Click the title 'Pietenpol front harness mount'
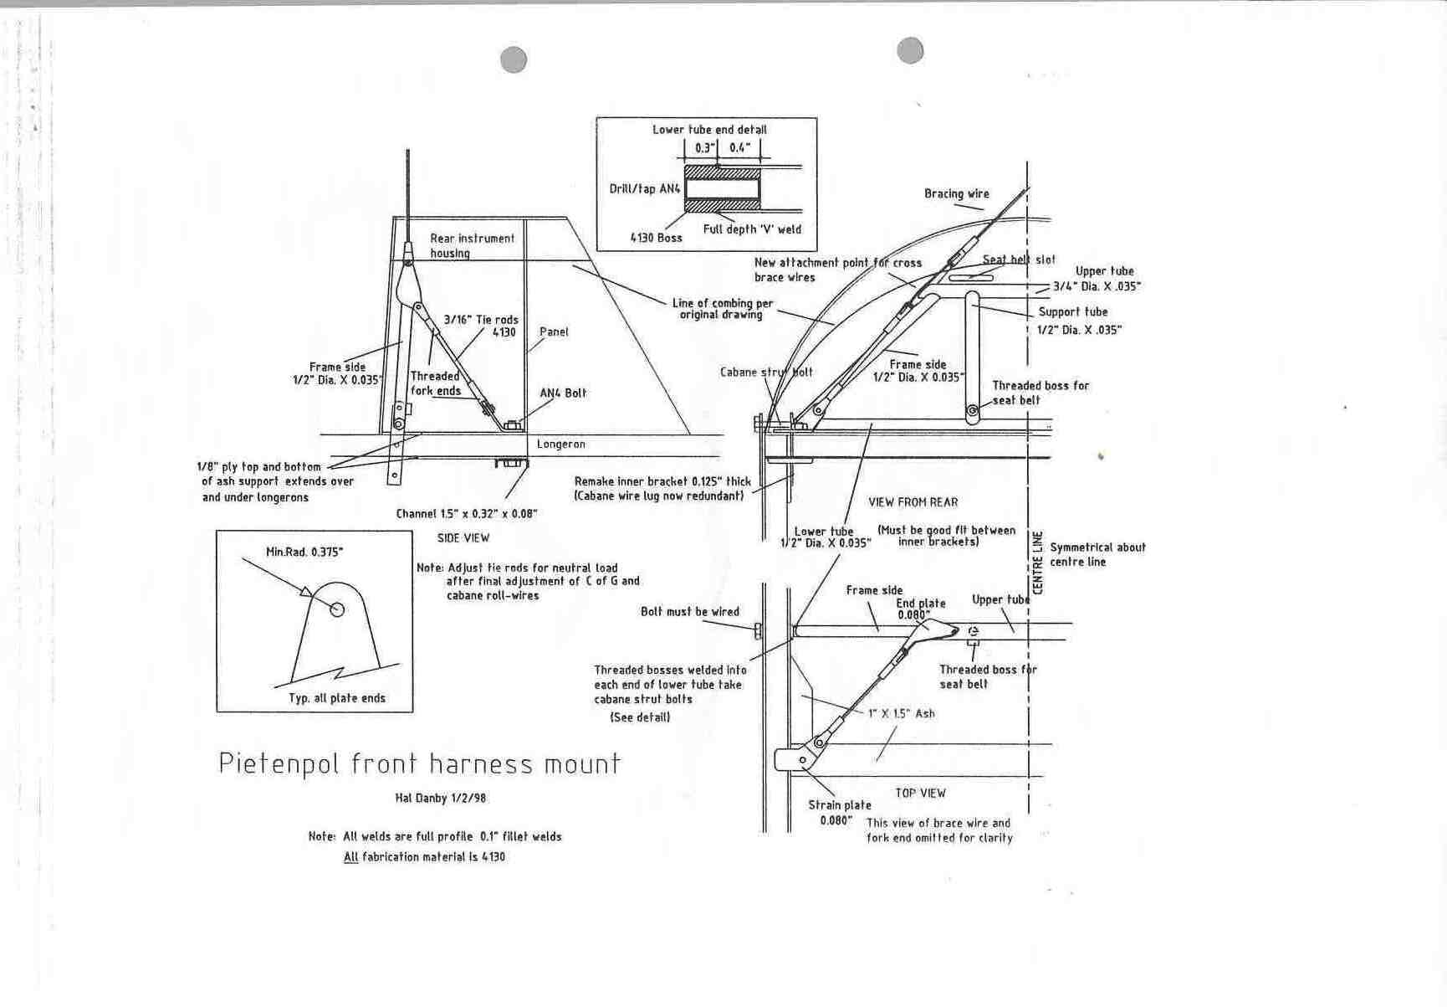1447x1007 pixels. coord(419,764)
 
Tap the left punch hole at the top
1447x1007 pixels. coord(514,59)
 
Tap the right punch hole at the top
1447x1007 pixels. coord(910,50)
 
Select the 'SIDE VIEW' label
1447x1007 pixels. coord(463,538)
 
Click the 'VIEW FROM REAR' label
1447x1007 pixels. coord(913,502)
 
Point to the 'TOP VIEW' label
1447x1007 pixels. coord(920,793)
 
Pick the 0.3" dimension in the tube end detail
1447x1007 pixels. coord(705,148)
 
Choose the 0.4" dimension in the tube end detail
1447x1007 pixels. coord(739,148)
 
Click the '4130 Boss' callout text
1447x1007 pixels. coord(656,238)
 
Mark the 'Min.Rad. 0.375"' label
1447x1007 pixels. coord(304,552)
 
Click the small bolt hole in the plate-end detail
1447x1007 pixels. coord(337,609)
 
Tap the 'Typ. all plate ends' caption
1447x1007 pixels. coord(337,698)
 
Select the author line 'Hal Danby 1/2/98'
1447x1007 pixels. coord(440,798)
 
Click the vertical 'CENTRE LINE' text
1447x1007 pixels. coord(1038,563)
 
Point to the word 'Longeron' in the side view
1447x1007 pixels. coord(560,444)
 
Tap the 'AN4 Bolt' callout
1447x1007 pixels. coord(563,393)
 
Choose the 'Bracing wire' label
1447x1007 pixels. coord(956,193)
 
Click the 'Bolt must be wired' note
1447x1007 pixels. coord(690,612)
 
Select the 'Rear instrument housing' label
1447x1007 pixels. coord(472,245)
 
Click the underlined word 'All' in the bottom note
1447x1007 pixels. coord(350,857)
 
